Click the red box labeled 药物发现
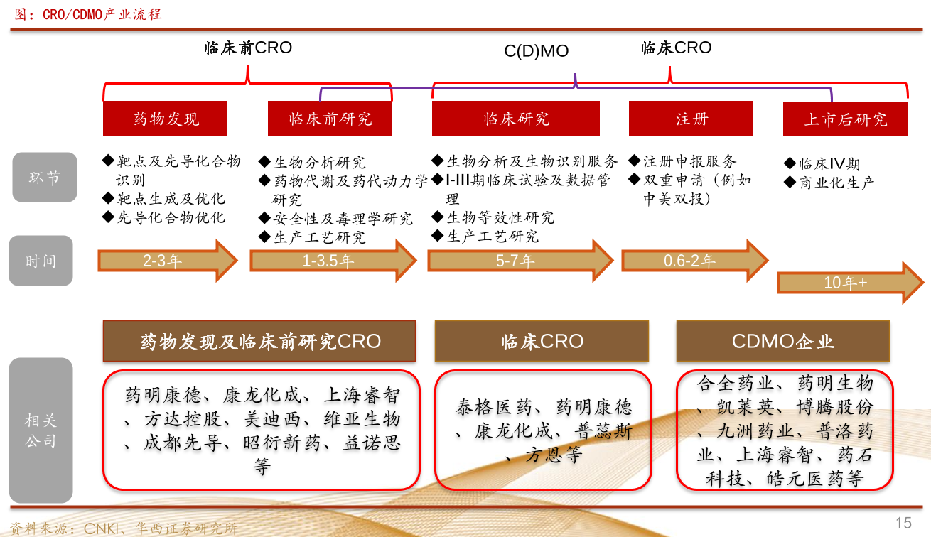pos(165,119)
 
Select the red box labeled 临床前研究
pos(330,119)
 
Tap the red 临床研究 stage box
pos(515,119)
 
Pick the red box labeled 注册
pos(691,119)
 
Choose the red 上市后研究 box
pos(845,119)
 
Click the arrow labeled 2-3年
pos(167,261)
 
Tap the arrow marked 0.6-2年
pos(694,261)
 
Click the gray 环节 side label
pos(44,178)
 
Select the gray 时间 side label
pos(41,261)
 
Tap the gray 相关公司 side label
pos(41,430)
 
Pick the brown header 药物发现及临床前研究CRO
pos(259,341)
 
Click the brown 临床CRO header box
pos(542,341)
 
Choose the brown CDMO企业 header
pos(782,341)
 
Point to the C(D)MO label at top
pos(537,52)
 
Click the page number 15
pos(903,524)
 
